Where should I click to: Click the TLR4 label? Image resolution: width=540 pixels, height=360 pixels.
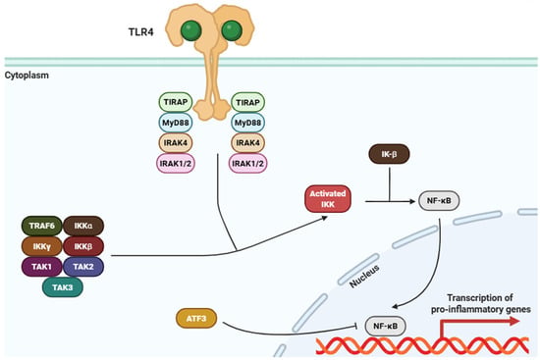click(x=140, y=32)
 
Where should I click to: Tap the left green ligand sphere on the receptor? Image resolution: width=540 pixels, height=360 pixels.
click(x=191, y=30)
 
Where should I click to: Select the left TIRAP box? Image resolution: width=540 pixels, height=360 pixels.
click(x=176, y=102)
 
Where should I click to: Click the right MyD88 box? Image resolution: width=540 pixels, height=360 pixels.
click(x=248, y=123)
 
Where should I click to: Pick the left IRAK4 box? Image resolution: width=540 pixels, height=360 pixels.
click(x=176, y=142)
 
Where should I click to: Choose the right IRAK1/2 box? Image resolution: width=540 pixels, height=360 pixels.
click(x=248, y=163)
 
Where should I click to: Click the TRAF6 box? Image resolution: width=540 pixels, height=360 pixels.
click(x=42, y=226)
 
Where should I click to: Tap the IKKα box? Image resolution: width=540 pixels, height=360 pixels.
click(x=83, y=226)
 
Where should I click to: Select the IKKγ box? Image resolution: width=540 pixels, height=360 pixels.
click(x=42, y=246)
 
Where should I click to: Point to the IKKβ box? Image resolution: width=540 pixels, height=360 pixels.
click(x=83, y=246)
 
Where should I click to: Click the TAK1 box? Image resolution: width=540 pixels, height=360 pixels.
click(x=42, y=267)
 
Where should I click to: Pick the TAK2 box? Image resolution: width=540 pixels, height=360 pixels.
click(x=83, y=267)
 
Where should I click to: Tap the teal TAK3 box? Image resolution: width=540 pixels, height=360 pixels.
click(x=63, y=287)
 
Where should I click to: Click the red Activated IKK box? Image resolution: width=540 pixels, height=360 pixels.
click(x=328, y=199)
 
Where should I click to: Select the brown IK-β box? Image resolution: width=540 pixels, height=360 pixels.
click(x=389, y=154)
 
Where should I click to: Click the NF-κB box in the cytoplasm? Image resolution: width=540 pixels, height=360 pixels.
click(x=439, y=200)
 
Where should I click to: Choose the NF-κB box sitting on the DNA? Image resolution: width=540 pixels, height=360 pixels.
click(x=386, y=326)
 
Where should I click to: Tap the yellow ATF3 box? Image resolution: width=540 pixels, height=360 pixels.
click(x=196, y=319)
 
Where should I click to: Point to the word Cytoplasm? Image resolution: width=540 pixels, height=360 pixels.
click(x=27, y=76)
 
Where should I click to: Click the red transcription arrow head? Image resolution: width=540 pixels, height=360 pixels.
click(x=514, y=321)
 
